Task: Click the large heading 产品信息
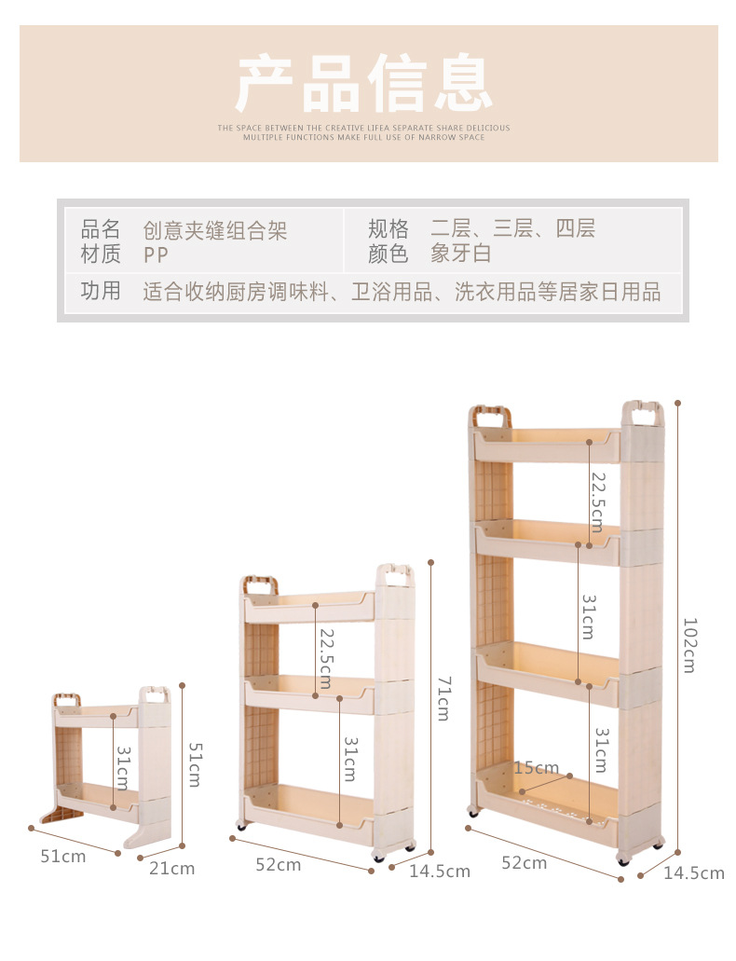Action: click(363, 84)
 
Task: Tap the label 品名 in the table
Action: click(101, 229)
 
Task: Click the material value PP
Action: click(157, 254)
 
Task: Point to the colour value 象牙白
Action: click(460, 254)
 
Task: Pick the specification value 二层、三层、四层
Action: click(512, 229)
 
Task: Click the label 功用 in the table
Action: click(101, 292)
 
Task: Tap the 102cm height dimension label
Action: click(689, 644)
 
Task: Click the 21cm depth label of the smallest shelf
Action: click(173, 868)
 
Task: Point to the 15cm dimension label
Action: click(536, 768)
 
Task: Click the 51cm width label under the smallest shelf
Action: click(62, 856)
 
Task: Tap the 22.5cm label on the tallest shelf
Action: click(598, 501)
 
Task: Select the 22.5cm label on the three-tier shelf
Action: click(325, 658)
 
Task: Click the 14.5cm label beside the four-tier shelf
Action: click(693, 873)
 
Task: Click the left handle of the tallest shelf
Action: click(491, 416)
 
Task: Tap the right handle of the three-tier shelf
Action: click(395, 575)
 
